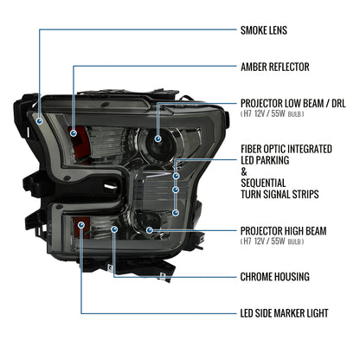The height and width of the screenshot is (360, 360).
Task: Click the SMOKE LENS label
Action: pyautogui.click(x=264, y=30)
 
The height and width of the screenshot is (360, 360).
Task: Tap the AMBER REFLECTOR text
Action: pyautogui.click(x=275, y=67)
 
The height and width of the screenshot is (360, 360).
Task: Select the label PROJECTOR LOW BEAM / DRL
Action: pyautogui.click(x=293, y=103)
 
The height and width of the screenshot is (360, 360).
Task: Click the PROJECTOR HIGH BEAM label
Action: pyautogui.click(x=284, y=231)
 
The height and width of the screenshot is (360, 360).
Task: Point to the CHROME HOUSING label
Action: pyautogui.click(x=275, y=277)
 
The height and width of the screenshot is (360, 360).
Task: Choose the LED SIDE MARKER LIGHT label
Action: pyautogui.click(x=285, y=313)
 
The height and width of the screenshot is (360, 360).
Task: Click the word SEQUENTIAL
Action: pyautogui.click(x=263, y=183)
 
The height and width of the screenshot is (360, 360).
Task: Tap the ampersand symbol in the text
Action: pyautogui.click(x=244, y=171)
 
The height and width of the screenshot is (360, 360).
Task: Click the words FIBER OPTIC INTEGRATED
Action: pyautogui.click(x=286, y=149)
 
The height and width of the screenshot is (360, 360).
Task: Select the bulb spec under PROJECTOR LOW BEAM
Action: pyautogui.click(x=273, y=113)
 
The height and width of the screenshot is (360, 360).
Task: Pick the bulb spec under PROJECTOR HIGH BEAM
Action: pyautogui.click(x=273, y=241)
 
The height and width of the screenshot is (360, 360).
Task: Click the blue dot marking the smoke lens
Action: pyautogui.click(x=40, y=121)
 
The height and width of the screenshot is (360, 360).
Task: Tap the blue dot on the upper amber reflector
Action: pyautogui.click(x=74, y=133)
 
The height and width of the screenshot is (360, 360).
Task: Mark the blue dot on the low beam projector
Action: pyautogui.click(x=157, y=138)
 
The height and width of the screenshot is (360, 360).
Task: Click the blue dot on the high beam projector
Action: pyautogui.click(x=149, y=230)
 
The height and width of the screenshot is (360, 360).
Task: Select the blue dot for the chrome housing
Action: pyautogui.click(x=114, y=229)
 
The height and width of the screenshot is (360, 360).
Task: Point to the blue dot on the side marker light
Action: pyautogui.click(x=81, y=225)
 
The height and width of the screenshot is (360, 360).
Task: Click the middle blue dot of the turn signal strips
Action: pyautogui.click(x=176, y=190)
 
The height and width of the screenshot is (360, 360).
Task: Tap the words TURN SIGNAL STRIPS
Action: pyautogui.click(x=280, y=194)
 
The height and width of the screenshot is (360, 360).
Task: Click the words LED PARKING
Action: pyautogui.click(x=265, y=160)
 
